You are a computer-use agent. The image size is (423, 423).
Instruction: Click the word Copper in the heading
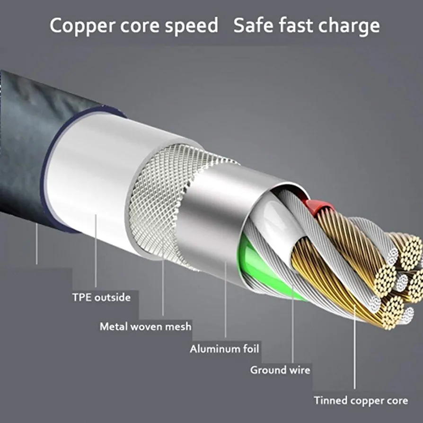pos(79,26)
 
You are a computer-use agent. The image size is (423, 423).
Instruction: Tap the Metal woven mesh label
pos(145,326)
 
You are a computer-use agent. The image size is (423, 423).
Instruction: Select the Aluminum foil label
pos(225,349)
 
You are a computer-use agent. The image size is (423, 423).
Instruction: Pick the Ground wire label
pos(280,370)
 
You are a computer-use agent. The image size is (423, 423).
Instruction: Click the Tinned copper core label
pos(361,400)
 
